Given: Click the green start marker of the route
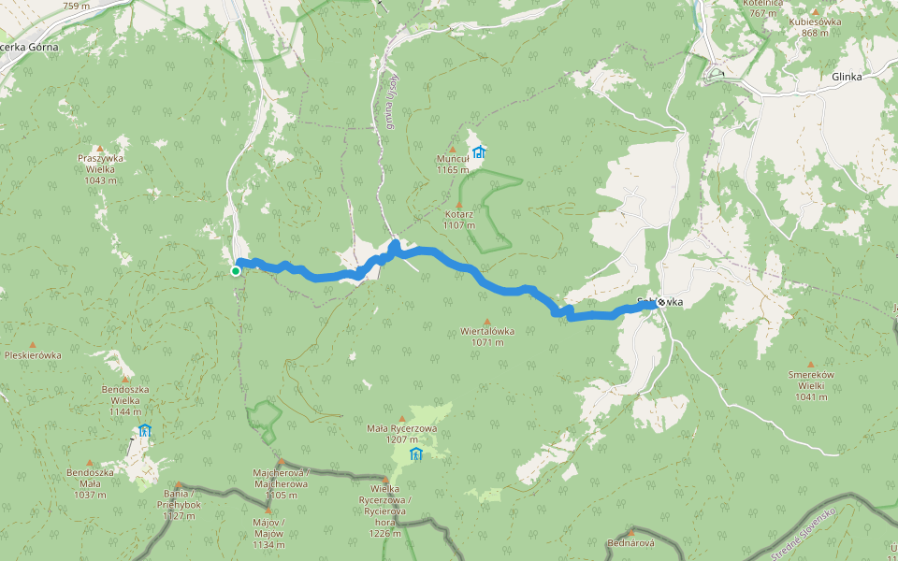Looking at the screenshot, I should pyautogui.click(x=236, y=271).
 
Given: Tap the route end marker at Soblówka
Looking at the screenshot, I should pyautogui.click(x=661, y=302).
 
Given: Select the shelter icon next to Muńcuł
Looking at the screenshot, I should pyautogui.click(x=479, y=151).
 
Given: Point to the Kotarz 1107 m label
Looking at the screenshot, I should pyautogui.click(x=458, y=219).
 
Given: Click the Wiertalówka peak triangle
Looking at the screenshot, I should pyautogui.click(x=486, y=321).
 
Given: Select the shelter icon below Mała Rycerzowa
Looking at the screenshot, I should pyautogui.click(x=415, y=454).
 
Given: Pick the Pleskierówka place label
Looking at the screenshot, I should pyautogui.click(x=33, y=355).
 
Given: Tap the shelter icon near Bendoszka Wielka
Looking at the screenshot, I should pyautogui.click(x=144, y=431).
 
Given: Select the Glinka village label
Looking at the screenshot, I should pyautogui.click(x=846, y=77).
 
